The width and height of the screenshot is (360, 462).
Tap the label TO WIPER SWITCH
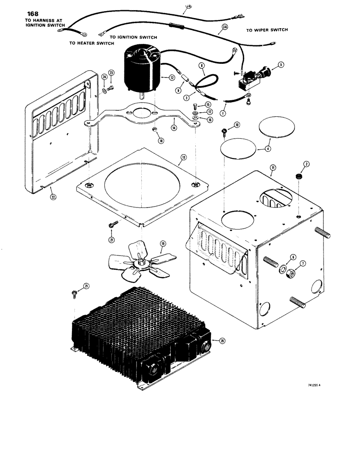point(267,30)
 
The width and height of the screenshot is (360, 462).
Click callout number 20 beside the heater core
point(222,341)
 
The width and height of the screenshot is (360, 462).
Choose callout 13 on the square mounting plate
point(183,158)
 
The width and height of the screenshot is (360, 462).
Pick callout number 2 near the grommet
point(305,164)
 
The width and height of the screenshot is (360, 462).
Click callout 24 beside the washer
point(104,77)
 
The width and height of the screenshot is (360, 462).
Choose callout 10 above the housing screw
point(237,125)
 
